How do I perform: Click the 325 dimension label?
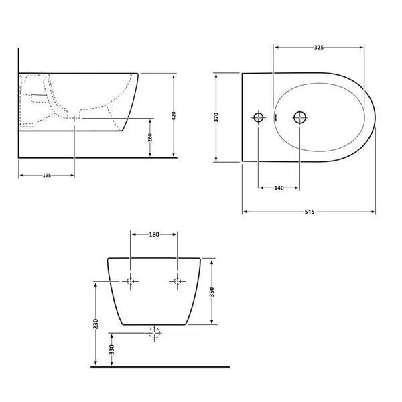point(319,48)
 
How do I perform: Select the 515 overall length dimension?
point(310,212)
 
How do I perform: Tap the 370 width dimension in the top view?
point(216,117)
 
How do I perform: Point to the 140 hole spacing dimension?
point(279,188)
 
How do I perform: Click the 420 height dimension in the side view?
point(174,116)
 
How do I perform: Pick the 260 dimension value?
point(150,137)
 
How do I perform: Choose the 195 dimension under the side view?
point(47,176)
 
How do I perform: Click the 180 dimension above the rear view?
point(154,234)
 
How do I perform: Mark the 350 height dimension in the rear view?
point(212,292)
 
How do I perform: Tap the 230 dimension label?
point(96,324)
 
